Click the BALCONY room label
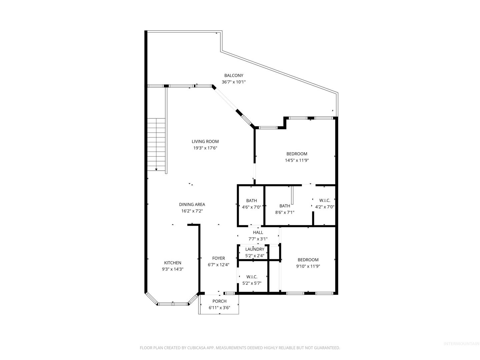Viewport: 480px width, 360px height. (234, 75)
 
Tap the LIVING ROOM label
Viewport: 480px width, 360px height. (205, 141)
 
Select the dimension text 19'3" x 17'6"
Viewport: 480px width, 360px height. (205, 148)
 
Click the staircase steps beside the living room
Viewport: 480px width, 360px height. (156, 144)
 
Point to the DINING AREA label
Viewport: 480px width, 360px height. (192, 204)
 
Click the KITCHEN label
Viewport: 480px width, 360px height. (173, 263)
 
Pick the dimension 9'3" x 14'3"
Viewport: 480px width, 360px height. (173, 269)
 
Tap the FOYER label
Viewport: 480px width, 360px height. (218, 258)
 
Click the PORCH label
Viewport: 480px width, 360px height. (219, 301)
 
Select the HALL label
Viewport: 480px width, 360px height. (258, 232)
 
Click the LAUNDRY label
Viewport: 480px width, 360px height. (255, 249)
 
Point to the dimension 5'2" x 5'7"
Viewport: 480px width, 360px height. (252, 283)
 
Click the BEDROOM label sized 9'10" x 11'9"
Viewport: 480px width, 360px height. (308, 260)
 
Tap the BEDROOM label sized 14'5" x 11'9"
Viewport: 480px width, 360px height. (297, 154)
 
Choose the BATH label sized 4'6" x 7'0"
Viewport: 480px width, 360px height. (251, 200)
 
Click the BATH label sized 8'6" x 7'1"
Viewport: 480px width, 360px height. (285, 206)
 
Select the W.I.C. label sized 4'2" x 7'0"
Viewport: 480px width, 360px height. (325, 200)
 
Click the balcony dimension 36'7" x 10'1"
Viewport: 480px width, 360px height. (234, 82)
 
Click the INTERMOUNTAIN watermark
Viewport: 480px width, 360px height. (461, 344)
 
